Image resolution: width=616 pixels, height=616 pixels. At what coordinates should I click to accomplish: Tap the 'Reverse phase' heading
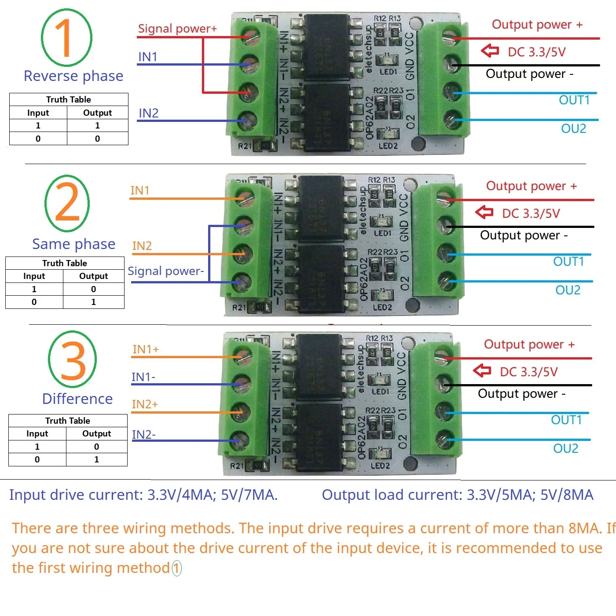73,76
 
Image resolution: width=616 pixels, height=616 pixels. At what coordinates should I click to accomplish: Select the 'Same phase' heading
73,244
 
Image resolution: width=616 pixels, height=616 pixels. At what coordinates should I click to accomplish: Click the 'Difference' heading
77,399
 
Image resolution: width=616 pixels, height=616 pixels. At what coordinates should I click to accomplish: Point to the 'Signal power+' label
177,29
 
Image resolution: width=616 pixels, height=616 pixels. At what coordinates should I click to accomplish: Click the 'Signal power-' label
165,271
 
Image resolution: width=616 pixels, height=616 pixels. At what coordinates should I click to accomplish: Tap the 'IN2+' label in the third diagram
145,404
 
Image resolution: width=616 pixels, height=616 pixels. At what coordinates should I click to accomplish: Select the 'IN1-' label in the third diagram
143,377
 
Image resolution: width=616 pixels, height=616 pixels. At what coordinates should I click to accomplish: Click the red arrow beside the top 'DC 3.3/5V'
490,51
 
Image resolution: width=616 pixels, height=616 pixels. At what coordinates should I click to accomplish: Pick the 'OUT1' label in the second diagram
568,262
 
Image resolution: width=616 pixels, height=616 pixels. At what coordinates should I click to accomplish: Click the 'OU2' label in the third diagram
565,448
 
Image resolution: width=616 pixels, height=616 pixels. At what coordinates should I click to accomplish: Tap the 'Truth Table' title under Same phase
65,263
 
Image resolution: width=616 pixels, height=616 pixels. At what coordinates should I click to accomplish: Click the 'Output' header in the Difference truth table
96,433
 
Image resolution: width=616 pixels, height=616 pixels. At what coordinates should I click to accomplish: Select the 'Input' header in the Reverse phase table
38,113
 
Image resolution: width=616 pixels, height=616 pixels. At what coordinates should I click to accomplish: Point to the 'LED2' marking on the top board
388,146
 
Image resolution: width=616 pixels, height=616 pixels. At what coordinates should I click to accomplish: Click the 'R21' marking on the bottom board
236,466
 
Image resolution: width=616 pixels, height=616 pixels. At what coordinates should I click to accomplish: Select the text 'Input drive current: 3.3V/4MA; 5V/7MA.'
143,495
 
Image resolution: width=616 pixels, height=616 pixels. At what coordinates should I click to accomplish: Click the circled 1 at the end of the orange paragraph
176,568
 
